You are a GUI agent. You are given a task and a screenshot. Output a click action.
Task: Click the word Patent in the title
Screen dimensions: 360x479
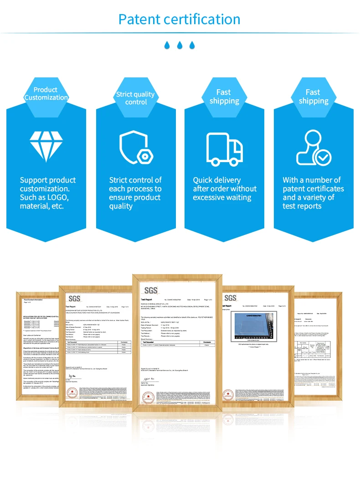pyautogui.click(x=139, y=19)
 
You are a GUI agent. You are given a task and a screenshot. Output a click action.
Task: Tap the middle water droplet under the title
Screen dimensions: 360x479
pyautogui.click(x=180, y=45)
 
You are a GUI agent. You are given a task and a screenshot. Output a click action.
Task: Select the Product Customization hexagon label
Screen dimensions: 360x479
pyautogui.click(x=46, y=93)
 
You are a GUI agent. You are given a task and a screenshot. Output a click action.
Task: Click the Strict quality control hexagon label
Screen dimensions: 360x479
pyautogui.click(x=135, y=98)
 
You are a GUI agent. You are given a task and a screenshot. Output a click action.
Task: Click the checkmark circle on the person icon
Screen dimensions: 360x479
pyautogui.click(x=324, y=158)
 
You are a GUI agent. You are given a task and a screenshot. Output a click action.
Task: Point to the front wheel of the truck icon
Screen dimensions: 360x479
pyautogui.click(x=234, y=161)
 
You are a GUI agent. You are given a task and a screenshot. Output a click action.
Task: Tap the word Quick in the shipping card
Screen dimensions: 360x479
pyautogui.click(x=204, y=180)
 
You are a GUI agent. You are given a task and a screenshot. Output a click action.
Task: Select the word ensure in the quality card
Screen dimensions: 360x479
pyautogui.click(x=121, y=198)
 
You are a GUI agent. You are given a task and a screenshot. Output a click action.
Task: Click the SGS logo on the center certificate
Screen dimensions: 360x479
pyautogui.click(x=151, y=290)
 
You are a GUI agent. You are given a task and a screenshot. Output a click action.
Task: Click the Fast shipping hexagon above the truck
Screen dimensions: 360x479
pyautogui.click(x=224, y=97)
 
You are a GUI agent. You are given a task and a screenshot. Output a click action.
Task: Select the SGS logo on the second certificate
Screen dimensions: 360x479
pyautogui.click(x=74, y=299)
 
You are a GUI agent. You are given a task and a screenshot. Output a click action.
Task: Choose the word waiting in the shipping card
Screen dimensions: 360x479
pyautogui.click(x=236, y=198)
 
